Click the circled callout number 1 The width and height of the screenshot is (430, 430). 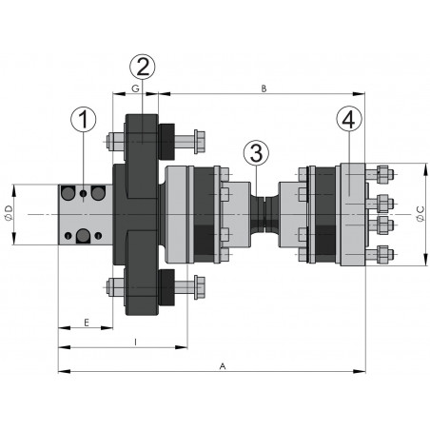(x=83, y=120)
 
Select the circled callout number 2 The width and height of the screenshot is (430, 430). (x=143, y=67)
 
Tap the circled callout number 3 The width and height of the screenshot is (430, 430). (x=256, y=153)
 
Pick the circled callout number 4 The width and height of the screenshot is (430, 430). (x=349, y=120)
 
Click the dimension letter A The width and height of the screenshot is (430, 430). (x=223, y=366)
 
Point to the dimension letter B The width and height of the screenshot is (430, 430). (x=264, y=88)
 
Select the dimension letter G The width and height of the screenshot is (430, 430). (x=135, y=88)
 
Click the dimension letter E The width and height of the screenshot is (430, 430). (x=87, y=322)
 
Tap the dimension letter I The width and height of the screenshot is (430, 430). (x=135, y=342)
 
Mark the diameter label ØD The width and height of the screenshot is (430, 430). (x=9, y=213)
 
